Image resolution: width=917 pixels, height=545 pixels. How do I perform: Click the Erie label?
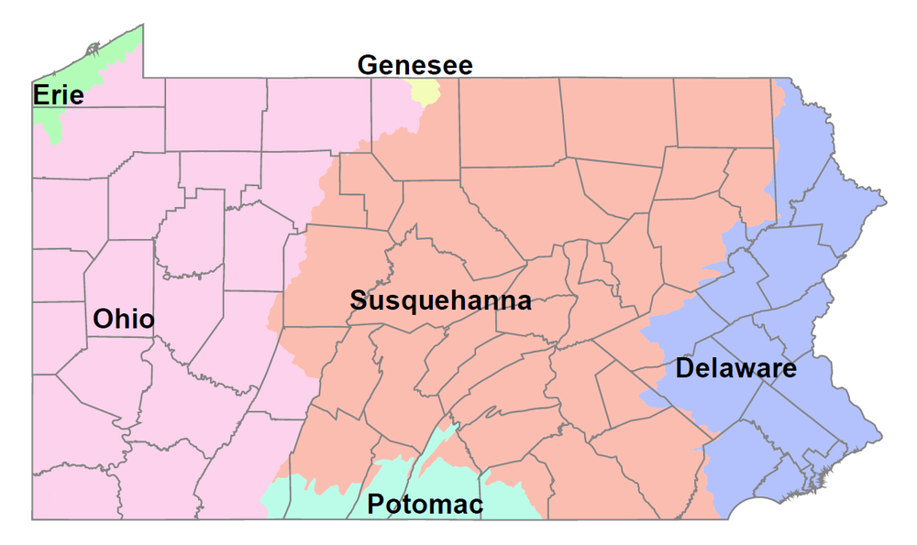[59, 94]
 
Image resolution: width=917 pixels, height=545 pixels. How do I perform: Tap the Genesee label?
[414, 66]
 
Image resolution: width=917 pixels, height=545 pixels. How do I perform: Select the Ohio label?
[124, 320]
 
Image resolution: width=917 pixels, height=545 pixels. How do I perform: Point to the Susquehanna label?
[441, 300]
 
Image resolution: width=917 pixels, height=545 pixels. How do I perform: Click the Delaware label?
[735, 369]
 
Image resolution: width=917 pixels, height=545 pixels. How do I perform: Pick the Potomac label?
[425, 504]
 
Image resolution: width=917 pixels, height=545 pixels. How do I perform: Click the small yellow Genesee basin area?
[425, 91]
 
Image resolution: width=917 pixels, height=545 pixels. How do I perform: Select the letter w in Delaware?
[749, 370]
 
